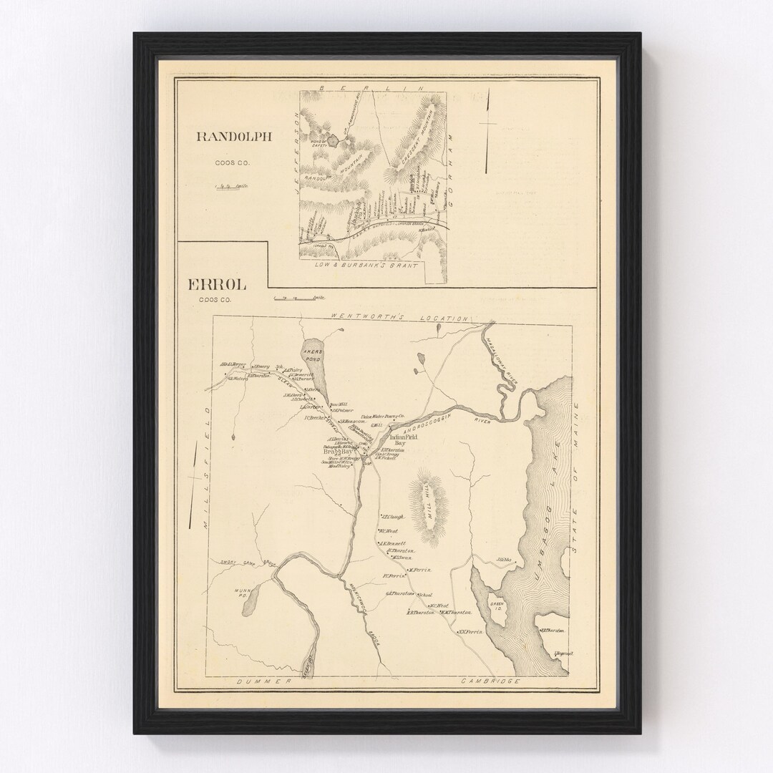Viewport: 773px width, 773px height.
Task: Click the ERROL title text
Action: [217, 285]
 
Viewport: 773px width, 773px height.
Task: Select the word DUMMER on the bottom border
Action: [267, 682]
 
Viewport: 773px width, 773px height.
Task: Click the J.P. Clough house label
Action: [393, 517]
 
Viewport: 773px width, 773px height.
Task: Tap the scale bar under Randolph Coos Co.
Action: [232, 185]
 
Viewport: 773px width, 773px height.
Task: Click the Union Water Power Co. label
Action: [383, 416]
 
